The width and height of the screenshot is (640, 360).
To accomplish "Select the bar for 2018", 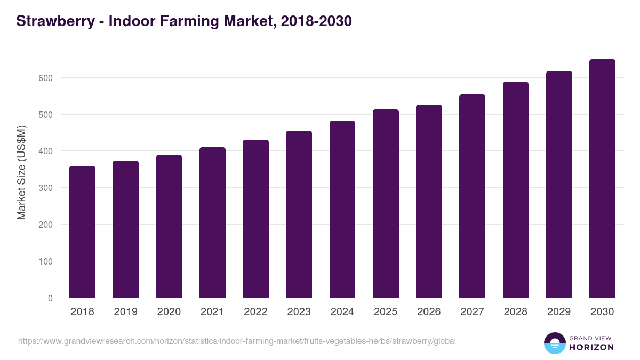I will point(82,232).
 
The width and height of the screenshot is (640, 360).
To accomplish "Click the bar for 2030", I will point(602,179).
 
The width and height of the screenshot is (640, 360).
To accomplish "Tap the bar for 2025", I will point(386,204).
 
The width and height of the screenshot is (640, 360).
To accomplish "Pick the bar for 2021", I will point(212,222).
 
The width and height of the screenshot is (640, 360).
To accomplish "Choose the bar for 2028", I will point(516,190).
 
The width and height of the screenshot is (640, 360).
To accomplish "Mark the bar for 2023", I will point(299,214).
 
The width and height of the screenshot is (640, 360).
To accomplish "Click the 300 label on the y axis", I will point(46,188).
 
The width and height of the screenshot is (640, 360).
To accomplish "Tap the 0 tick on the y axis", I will point(50,298).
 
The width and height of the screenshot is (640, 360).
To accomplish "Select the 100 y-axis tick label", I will point(46,261).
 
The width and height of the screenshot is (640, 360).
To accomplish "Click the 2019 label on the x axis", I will point(125,312).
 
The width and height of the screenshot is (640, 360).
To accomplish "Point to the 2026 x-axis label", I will point(429,312).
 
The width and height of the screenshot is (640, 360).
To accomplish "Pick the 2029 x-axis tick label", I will point(559,312).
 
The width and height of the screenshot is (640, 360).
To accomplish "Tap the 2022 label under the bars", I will point(255,312).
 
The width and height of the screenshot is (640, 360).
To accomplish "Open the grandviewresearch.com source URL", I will point(237,341).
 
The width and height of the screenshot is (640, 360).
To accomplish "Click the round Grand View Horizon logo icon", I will point(554,343).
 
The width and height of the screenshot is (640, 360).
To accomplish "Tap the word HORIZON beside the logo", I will point(591,347).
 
